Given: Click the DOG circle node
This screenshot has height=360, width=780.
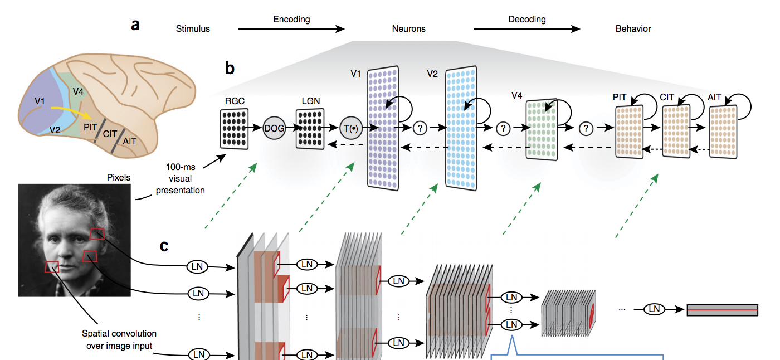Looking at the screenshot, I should (x=274, y=128).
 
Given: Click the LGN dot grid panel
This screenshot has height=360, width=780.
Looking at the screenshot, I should (x=310, y=129).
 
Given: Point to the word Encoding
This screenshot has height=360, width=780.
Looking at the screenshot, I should (x=291, y=20).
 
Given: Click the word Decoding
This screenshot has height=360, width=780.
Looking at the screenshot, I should (x=526, y=20).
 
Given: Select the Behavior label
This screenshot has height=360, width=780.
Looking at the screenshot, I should (x=633, y=28).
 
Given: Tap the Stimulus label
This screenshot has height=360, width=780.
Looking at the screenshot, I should (x=193, y=28).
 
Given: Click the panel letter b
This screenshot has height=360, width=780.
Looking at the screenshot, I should (x=230, y=69).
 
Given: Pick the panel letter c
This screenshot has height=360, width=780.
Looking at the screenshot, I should (x=164, y=245).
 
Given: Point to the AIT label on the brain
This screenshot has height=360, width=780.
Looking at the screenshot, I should (x=129, y=142).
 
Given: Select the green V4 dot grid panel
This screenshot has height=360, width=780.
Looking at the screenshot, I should (x=542, y=128).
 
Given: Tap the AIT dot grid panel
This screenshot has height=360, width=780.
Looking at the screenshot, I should (x=724, y=130).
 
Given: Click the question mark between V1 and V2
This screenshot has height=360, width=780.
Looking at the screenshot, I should (x=421, y=128).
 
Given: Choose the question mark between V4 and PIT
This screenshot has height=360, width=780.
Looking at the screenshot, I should (x=585, y=128).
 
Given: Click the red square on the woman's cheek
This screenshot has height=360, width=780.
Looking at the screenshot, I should (x=52, y=267).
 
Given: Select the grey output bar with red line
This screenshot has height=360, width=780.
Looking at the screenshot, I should (x=723, y=309).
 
